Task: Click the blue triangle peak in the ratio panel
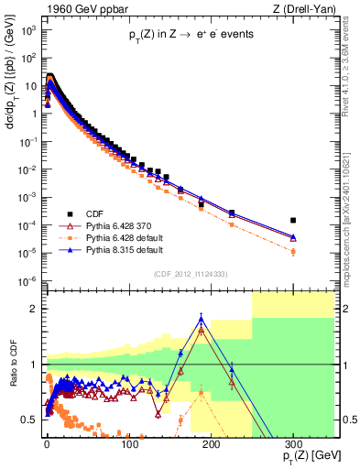202,318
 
